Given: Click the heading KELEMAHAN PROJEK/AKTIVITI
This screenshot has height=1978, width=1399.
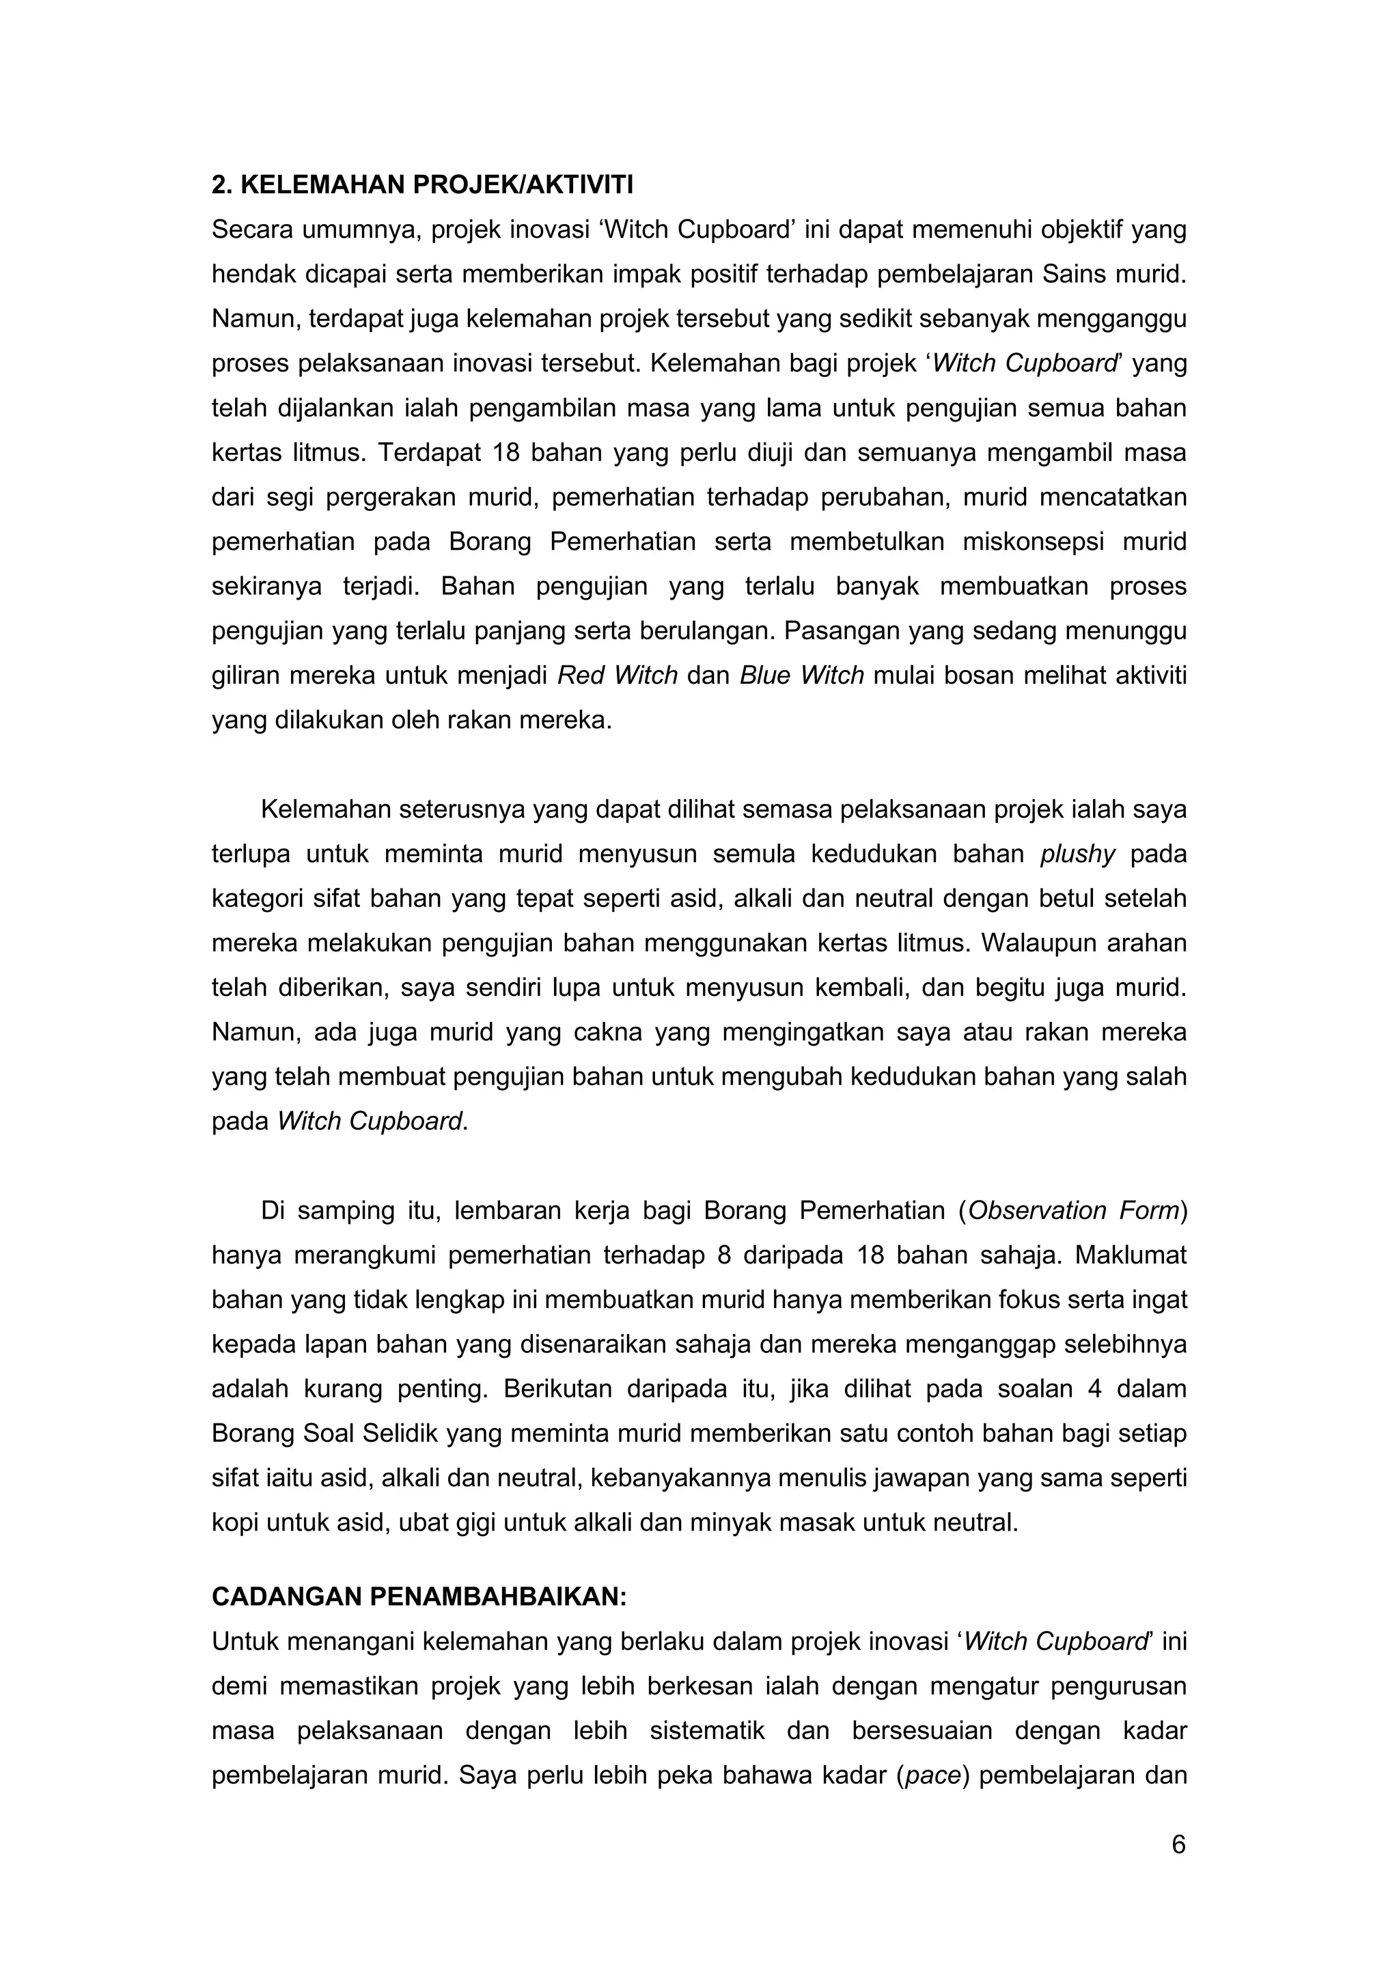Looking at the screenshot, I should click(x=422, y=184).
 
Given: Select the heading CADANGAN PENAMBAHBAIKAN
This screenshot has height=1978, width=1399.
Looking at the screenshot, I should click(x=419, y=1596).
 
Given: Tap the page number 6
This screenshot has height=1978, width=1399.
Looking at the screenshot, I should click(x=1178, y=1844).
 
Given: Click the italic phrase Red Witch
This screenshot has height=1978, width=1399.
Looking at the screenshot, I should click(x=618, y=675).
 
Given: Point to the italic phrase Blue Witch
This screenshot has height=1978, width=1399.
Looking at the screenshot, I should click(x=801, y=675).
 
